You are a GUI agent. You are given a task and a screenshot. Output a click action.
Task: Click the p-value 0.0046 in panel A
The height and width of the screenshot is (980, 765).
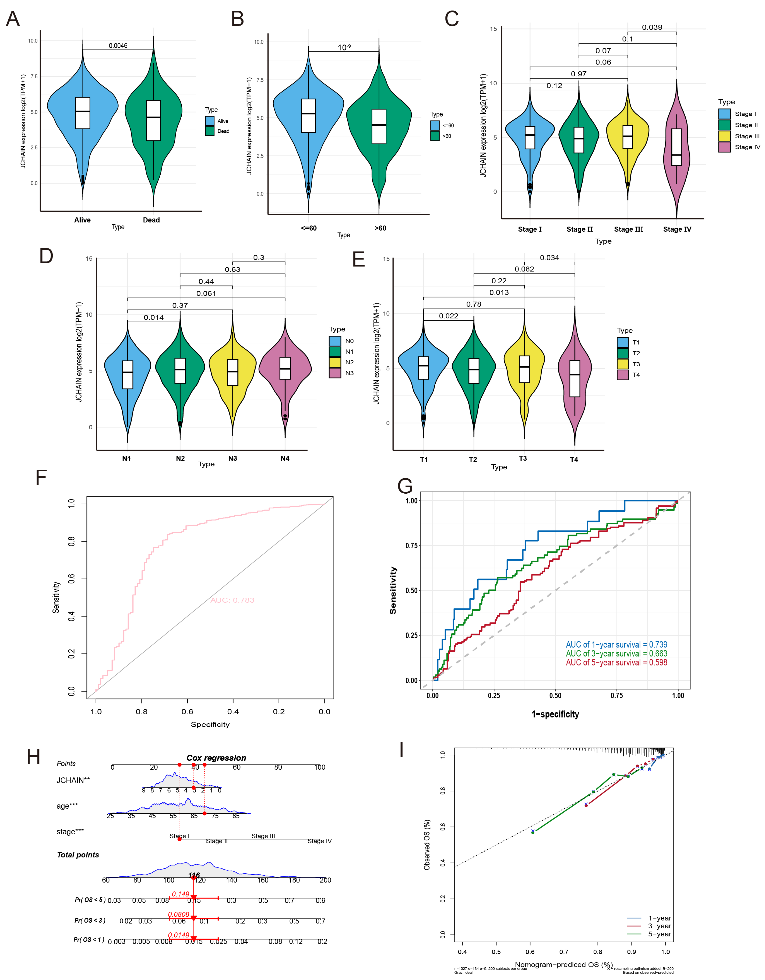tap(118, 46)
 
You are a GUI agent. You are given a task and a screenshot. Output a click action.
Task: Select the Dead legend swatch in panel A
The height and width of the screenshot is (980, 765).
tap(210, 131)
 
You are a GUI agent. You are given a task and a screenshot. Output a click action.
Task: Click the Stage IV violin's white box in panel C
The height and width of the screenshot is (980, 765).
tap(676, 147)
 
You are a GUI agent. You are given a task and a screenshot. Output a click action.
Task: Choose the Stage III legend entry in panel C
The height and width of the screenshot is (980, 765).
tap(747, 136)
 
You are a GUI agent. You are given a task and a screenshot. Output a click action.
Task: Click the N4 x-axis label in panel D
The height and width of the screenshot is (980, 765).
tap(285, 458)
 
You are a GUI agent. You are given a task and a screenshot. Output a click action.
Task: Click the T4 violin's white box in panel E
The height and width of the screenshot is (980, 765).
tap(574, 378)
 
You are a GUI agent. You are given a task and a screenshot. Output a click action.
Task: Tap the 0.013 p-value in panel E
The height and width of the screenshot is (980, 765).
tap(499, 293)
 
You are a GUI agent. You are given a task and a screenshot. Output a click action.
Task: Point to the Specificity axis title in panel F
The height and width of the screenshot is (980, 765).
tap(210, 724)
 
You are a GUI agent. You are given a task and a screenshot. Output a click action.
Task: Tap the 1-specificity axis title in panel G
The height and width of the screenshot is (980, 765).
tap(555, 714)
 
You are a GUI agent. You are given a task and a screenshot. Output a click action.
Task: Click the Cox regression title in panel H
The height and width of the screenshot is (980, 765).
tap(216, 758)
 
